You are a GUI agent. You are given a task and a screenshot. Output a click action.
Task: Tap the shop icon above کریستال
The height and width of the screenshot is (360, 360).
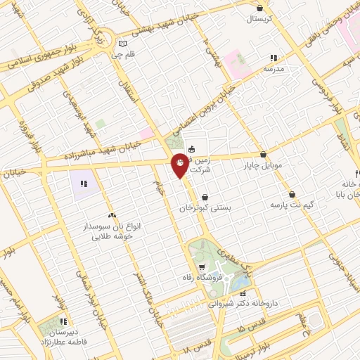pos(260,8)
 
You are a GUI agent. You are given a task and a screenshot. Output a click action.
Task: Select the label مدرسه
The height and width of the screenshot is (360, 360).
pos(273,70)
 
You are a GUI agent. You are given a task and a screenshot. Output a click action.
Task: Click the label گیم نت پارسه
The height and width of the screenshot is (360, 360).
pos(291,205)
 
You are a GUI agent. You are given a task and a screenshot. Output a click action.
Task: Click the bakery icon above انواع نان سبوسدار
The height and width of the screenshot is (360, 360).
pos(112,215)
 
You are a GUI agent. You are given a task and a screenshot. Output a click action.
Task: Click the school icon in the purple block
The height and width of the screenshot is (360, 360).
pos(84,184)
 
